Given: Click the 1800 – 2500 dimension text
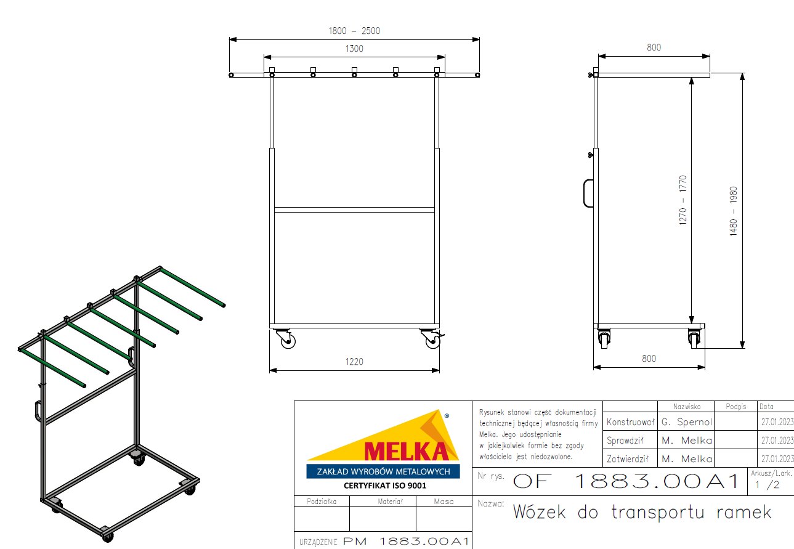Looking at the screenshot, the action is pyautogui.click(x=354, y=31).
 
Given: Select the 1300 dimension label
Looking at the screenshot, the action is pyautogui.click(x=354, y=49).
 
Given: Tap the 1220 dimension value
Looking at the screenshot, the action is pyautogui.click(x=354, y=362).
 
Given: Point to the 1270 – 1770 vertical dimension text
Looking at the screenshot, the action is pyautogui.click(x=683, y=200).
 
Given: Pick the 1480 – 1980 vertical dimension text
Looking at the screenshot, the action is pyautogui.click(x=734, y=211).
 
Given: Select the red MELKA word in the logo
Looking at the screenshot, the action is pyautogui.click(x=406, y=451).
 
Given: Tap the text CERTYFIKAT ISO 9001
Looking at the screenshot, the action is pyautogui.click(x=384, y=486).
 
